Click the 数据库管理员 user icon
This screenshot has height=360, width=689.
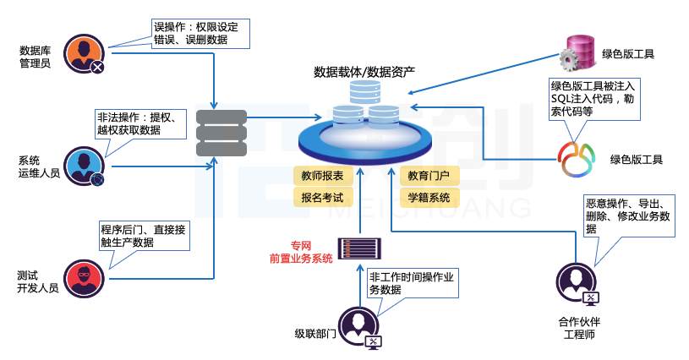pos(84,52)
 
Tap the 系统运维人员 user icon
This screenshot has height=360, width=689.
pos(84,166)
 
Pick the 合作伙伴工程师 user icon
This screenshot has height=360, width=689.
pos(576,282)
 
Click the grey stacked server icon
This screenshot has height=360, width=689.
pos(221,133)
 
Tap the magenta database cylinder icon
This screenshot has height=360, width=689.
pos(576,53)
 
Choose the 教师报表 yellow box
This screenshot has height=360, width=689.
pos(321,177)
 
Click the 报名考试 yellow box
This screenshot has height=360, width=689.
pos(321,199)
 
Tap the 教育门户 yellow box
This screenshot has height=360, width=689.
pos(429,177)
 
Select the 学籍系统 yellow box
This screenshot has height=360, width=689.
pos(429,199)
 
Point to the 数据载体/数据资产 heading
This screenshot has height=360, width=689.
pos(364,71)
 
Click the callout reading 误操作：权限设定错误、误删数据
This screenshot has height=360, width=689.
pos(196,32)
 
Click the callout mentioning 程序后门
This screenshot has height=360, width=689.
pos(144,236)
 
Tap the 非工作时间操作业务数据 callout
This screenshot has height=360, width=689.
pos(412,282)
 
